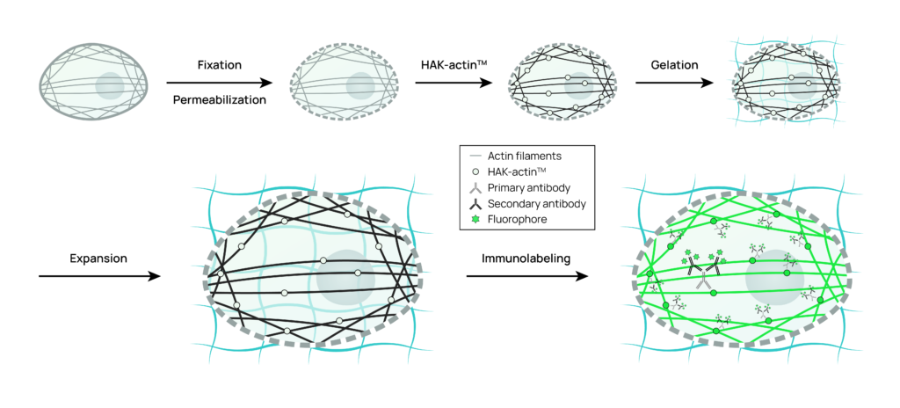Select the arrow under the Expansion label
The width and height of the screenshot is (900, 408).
pyautogui.click(x=98, y=276)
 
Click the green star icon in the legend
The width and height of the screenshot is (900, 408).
pyautogui.click(x=474, y=219)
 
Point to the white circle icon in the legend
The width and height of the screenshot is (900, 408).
pyautogui.click(x=474, y=171)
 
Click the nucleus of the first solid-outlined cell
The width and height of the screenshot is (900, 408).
pyautogui.click(x=111, y=86)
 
